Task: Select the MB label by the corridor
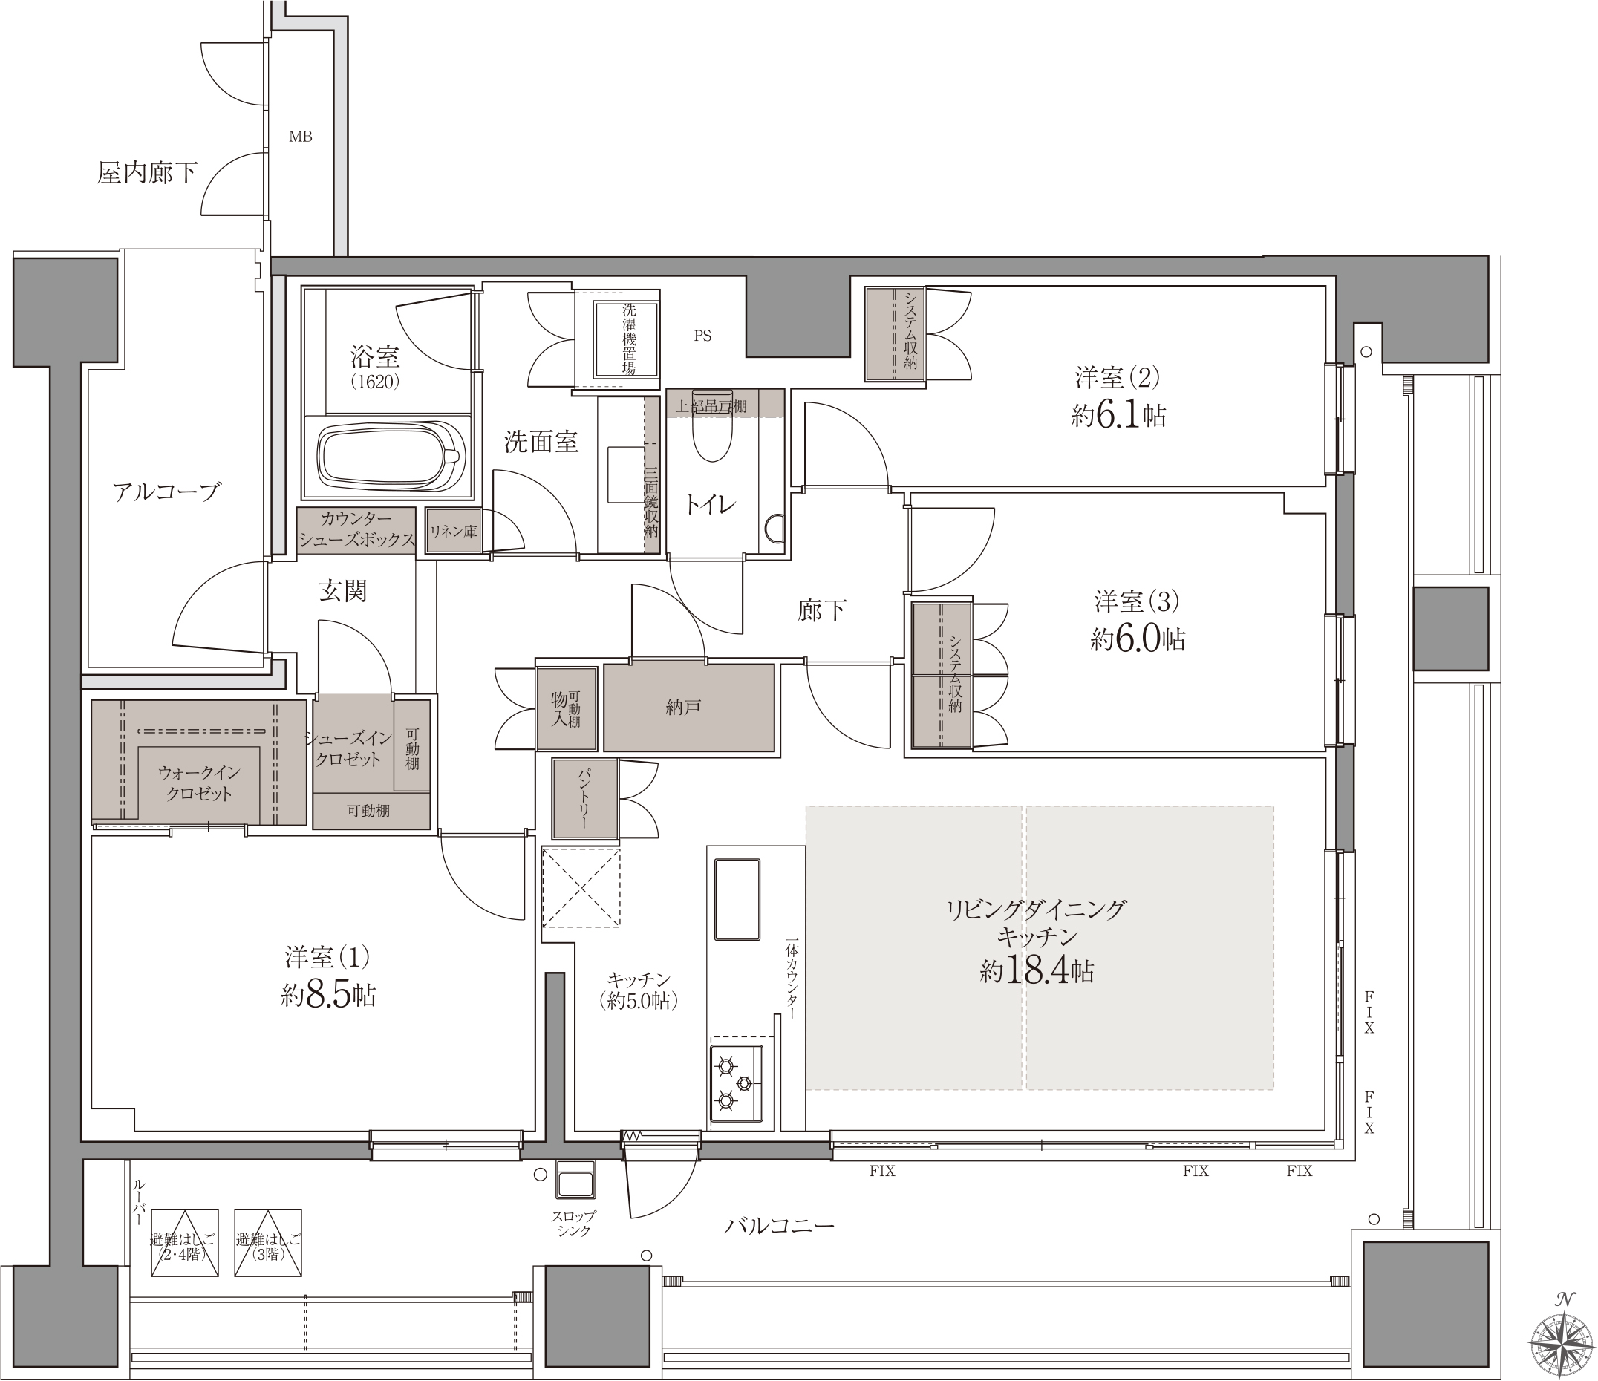[x=300, y=137]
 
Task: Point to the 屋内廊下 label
[x=147, y=172]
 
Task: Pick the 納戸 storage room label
[x=683, y=706]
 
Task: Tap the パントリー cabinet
[x=584, y=799]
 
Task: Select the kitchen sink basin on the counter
[x=737, y=898]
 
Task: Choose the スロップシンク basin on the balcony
[x=575, y=1180]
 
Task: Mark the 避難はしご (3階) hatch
[x=267, y=1242]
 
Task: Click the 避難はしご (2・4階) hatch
[x=184, y=1242]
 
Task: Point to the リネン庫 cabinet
[x=454, y=531]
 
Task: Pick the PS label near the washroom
[x=702, y=336]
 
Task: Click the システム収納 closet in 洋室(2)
[x=895, y=334]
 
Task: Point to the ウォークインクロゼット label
[x=199, y=783]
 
